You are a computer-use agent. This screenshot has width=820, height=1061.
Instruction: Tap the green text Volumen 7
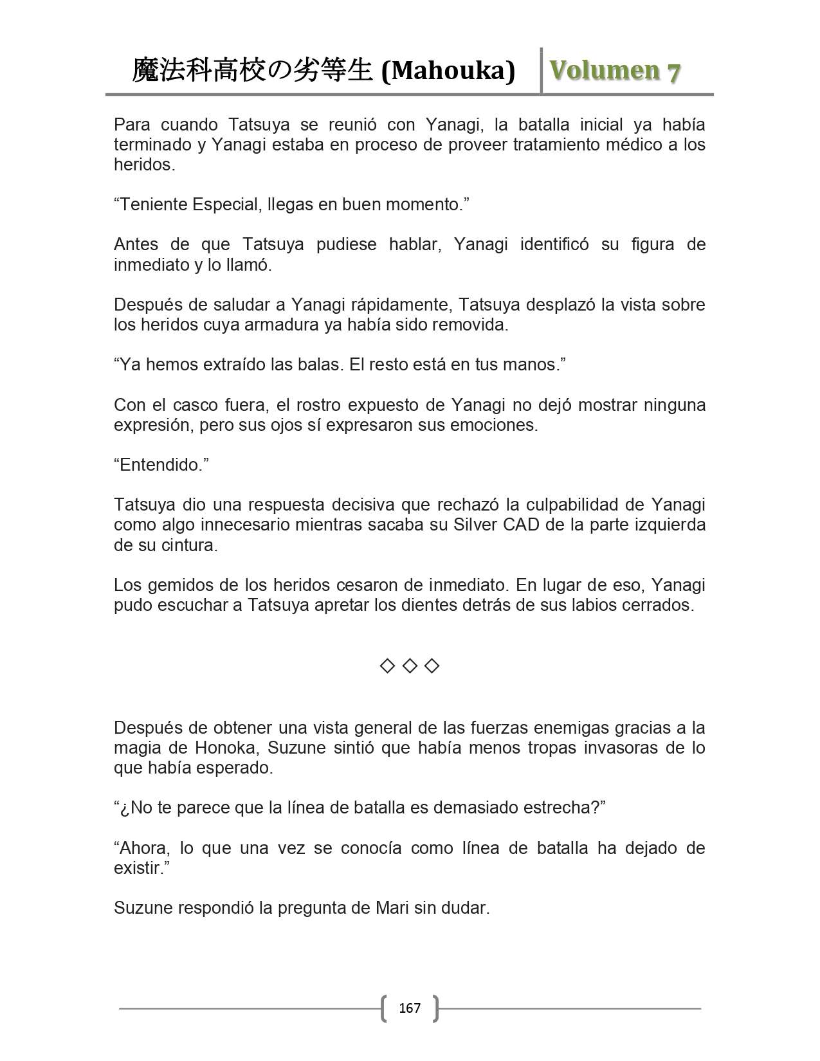[x=615, y=71]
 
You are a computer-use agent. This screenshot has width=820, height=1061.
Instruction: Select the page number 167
[x=410, y=1008]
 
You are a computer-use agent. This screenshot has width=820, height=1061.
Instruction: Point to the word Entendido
[x=160, y=465]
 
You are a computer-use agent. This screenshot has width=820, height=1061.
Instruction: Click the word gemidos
[x=176, y=585]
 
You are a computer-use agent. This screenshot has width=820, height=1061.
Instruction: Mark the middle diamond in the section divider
[x=410, y=666]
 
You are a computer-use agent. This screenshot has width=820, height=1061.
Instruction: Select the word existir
[x=137, y=868]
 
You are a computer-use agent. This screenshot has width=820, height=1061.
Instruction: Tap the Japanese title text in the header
[x=252, y=71]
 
